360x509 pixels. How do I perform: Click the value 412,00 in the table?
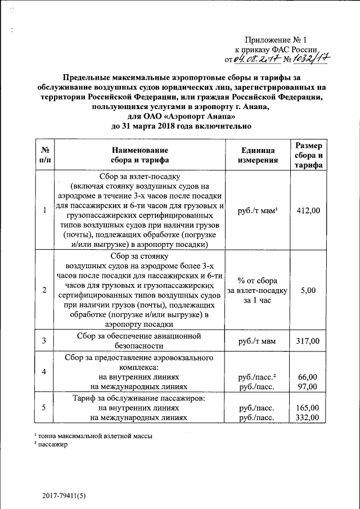pyautogui.click(x=308, y=210)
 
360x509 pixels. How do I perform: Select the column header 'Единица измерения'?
pyautogui.click(x=258, y=155)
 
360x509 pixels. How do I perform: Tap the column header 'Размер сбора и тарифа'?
pyautogui.click(x=308, y=155)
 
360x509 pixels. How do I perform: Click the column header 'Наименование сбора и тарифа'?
pyautogui.click(x=139, y=155)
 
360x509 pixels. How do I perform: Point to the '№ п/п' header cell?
pyautogui.click(x=44, y=155)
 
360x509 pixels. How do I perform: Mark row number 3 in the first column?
pyautogui.click(x=44, y=341)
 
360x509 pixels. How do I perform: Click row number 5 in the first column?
pyautogui.click(x=44, y=408)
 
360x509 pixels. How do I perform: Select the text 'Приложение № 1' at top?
pyautogui.click(x=276, y=40)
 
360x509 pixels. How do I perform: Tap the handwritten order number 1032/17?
pyautogui.click(x=307, y=58)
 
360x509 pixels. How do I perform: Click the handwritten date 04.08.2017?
pyautogui.click(x=255, y=58)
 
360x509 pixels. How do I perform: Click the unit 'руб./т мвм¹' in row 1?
pyautogui.click(x=258, y=210)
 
